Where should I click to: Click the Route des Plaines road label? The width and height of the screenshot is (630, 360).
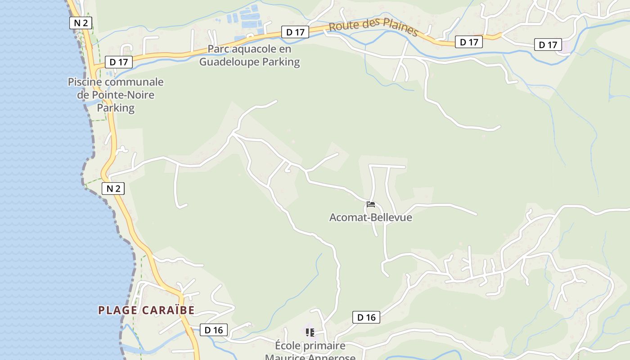(373, 27)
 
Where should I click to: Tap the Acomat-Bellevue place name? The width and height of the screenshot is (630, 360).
(370, 217)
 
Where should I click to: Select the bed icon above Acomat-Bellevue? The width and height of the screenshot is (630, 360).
(370, 204)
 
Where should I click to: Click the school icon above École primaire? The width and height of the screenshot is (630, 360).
(310, 333)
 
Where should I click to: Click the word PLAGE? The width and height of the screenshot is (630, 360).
(118, 310)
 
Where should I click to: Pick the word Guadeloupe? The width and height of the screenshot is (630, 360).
(232, 62)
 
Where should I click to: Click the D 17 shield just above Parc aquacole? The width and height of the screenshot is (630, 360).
(295, 32)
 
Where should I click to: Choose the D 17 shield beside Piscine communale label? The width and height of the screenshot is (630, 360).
(119, 62)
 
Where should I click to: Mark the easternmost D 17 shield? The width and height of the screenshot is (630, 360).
(548, 45)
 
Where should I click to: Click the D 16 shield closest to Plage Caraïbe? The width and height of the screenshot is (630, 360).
(213, 330)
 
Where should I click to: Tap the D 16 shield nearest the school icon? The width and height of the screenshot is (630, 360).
(366, 317)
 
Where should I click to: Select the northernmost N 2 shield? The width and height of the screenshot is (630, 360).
(81, 23)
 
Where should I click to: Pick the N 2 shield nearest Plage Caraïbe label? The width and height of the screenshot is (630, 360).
(113, 189)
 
